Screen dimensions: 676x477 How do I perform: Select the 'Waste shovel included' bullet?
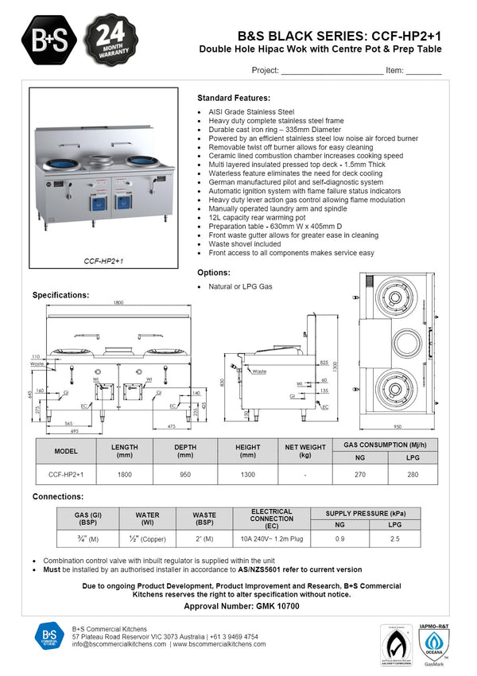[244, 244]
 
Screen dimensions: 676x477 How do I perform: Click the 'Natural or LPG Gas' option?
[240, 286]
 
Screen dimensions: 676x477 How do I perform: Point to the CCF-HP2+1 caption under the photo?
[103, 261]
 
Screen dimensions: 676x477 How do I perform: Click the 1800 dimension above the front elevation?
[118, 303]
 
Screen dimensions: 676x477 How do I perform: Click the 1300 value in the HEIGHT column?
[247, 474]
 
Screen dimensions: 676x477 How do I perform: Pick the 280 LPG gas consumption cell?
[411, 474]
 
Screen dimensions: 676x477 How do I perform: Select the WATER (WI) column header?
[147, 519]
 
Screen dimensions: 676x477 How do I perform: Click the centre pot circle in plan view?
[394, 343]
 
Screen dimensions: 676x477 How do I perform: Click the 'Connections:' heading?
[58, 496]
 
